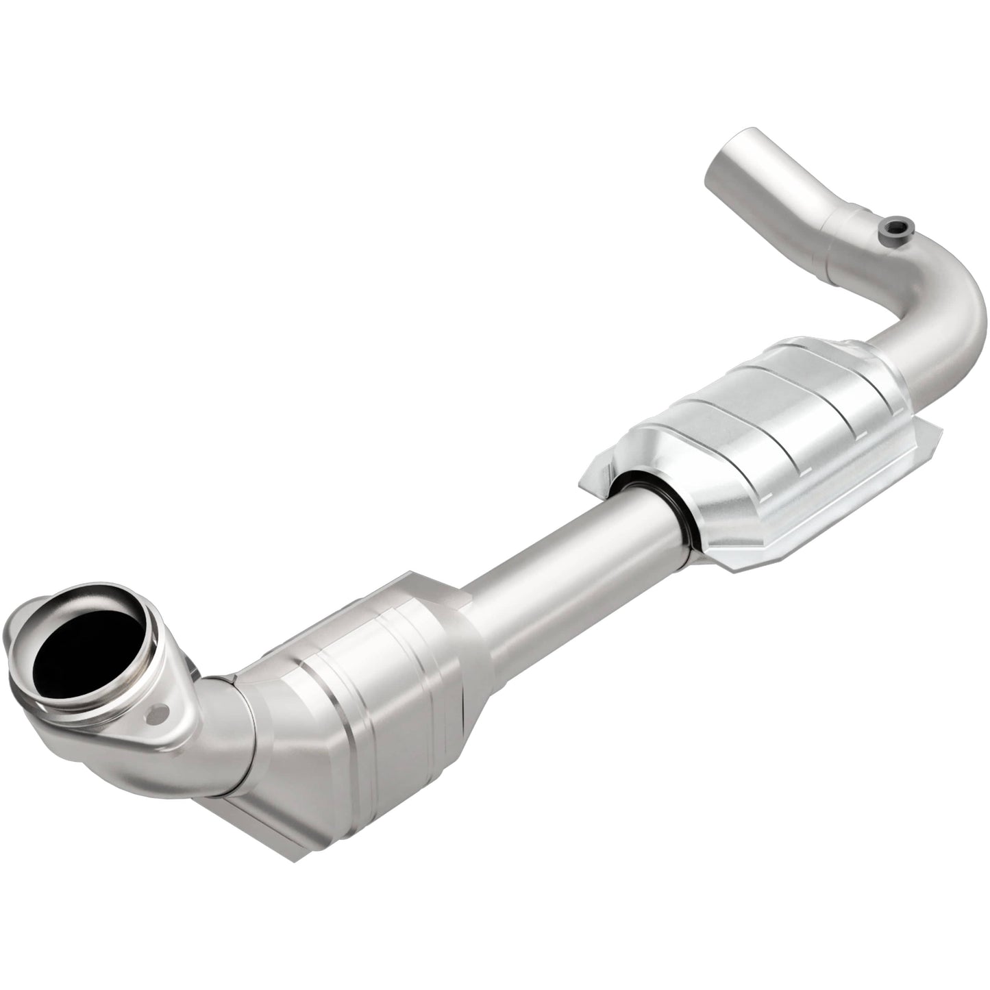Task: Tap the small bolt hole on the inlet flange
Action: point(162,714)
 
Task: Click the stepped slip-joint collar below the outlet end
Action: point(846,233)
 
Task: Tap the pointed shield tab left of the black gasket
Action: point(595,483)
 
